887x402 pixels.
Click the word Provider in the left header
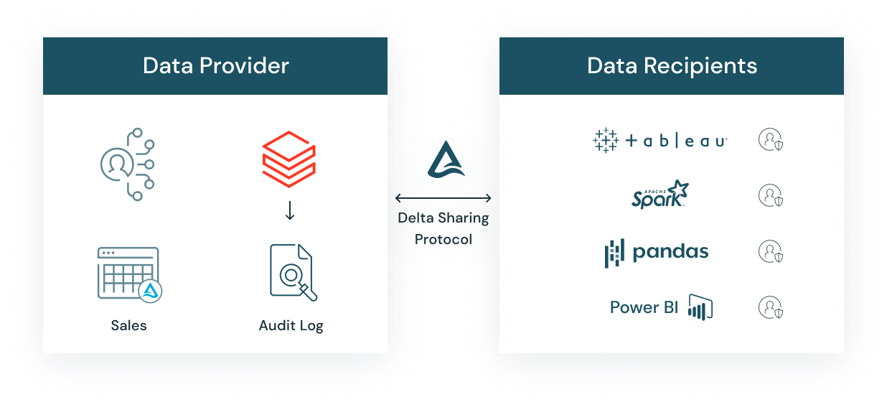click(x=244, y=66)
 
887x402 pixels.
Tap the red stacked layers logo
click(x=288, y=156)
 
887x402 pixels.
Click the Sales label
click(x=128, y=325)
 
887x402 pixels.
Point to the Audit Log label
click(x=291, y=325)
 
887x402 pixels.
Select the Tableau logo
click(x=660, y=141)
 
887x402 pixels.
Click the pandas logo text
click(x=670, y=252)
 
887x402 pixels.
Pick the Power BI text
click(x=644, y=307)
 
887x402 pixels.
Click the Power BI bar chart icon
click(x=700, y=307)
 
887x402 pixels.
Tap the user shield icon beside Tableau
click(x=770, y=139)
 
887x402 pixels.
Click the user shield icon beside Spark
click(x=770, y=195)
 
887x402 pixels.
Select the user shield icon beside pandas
click(x=770, y=252)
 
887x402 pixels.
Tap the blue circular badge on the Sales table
click(x=151, y=290)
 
